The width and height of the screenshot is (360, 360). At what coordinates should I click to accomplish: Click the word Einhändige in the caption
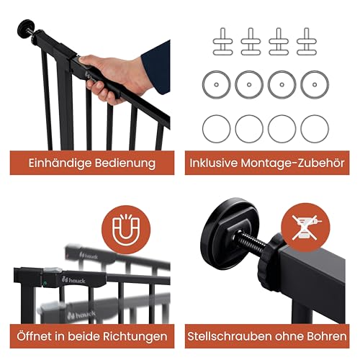[61, 163]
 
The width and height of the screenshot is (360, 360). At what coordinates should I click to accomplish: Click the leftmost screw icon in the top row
[215, 42]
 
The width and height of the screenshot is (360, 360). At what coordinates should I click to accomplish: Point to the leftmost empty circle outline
[215, 128]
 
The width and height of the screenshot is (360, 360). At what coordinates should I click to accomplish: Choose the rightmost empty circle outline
[315, 128]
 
